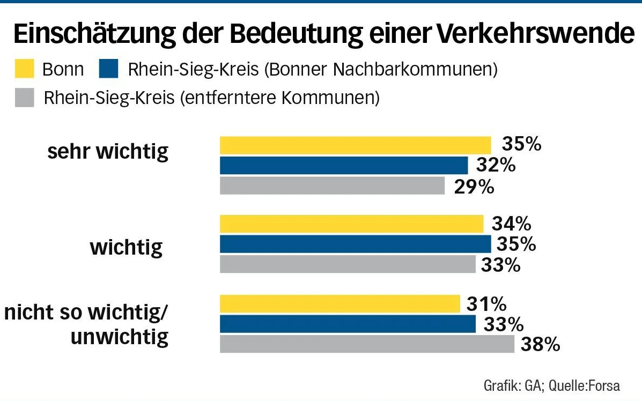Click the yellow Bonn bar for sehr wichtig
pos(355,145)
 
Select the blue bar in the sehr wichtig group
pos(344,165)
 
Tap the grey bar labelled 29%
pos(333,185)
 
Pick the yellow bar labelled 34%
pos(352,224)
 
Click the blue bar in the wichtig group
pos(355,244)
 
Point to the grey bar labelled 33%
pos(348,264)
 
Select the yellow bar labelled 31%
pos(340,304)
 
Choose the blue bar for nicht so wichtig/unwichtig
pos(348,324)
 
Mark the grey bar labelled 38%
pos(367,344)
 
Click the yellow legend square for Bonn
pos(24,69)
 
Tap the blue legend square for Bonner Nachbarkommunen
pos(109,69)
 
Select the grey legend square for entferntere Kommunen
pos(24,98)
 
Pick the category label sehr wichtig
pos(108,152)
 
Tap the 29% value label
pos(474,186)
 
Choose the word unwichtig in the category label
pos(120,337)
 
